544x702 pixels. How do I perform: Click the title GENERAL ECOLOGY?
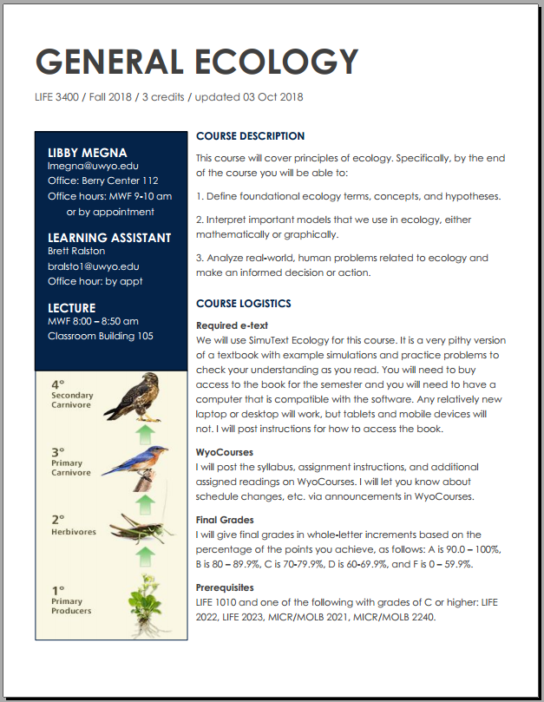click(x=196, y=62)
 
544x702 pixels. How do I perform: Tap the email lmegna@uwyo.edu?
click(x=93, y=166)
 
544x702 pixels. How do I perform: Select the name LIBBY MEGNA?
click(x=87, y=153)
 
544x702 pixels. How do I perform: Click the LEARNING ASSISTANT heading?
click(x=109, y=238)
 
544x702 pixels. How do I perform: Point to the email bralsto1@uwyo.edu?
click(x=93, y=266)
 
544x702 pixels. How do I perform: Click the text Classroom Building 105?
click(x=101, y=336)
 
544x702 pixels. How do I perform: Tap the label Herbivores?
click(x=73, y=531)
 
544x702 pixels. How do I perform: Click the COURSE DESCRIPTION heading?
click(x=250, y=136)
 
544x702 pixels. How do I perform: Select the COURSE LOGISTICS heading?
click(x=244, y=304)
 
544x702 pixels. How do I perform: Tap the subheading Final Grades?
click(x=225, y=520)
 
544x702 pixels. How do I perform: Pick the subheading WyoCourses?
click(x=225, y=452)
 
